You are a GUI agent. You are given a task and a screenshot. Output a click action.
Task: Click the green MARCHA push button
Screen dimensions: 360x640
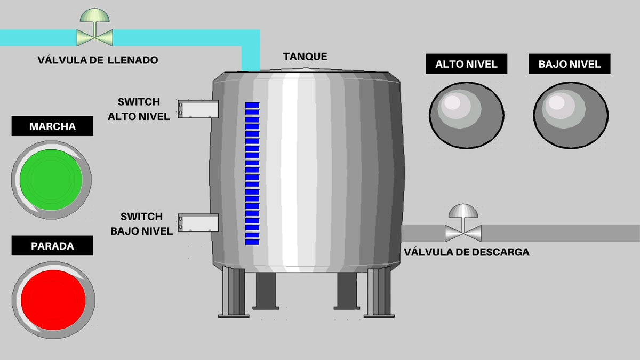pyautogui.click(x=51, y=179)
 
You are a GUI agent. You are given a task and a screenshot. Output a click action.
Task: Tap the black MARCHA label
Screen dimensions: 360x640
pyautogui.click(x=52, y=127)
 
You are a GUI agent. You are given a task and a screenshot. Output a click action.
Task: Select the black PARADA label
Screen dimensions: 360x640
pyautogui.click(x=52, y=246)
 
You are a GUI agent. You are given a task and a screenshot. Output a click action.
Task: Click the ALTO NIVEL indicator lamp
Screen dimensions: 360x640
pyautogui.click(x=466, y=114)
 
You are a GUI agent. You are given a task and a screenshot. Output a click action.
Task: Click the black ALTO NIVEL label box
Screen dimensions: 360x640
pyautogui.click(x=466, y=65)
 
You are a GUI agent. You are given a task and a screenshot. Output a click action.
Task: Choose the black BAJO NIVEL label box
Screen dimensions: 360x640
pyautogui.click(x=570, y=65)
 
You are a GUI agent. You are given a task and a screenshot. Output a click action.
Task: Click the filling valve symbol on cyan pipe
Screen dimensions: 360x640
pyautogui.click(x=94, y=37)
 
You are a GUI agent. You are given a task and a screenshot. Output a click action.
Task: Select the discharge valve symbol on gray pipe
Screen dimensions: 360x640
pyautogui.click(x=463, y=233)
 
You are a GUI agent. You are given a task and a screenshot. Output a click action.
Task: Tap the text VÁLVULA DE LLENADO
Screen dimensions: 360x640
pyautogui.click(x=98, y=60)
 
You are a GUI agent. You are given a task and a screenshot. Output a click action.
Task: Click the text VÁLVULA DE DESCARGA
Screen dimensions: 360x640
pyautogui.click(x=467, y=252)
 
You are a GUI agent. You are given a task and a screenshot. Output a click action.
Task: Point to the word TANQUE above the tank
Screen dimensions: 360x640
pyautogui.click(x=305, y=57)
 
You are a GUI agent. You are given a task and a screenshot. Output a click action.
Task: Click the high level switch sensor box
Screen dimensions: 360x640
pyautogui.click(x=198, y=109)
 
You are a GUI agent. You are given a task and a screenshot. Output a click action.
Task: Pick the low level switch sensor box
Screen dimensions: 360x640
pyautogui.click(x=198, y=223)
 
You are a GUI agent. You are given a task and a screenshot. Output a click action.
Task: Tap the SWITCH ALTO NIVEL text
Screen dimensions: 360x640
pyautogui.click(x=139, y=109)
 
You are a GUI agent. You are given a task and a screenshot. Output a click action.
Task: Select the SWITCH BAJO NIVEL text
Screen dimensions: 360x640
pyautogui.click(x=141, y=224)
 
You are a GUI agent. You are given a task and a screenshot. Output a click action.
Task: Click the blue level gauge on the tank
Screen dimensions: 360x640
pyautogui.click(x=252, y=174)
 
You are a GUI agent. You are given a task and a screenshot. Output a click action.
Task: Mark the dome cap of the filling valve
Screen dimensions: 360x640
pyautogui.click(x=94, y=15)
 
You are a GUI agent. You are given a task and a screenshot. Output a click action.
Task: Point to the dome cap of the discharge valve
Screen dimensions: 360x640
pyautogui.click(x=463, y=211)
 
